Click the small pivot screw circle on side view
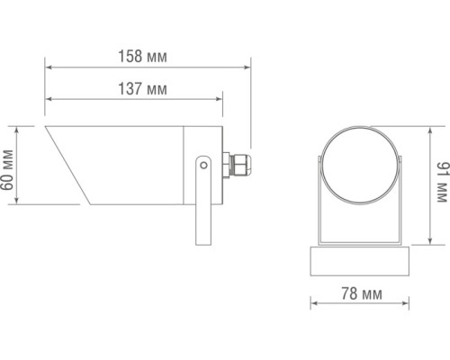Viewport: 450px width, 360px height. [x=205, y=165]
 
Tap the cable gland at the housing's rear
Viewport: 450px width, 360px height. [x=238, y=165]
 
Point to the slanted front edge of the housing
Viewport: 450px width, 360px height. [x=67, y=166]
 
